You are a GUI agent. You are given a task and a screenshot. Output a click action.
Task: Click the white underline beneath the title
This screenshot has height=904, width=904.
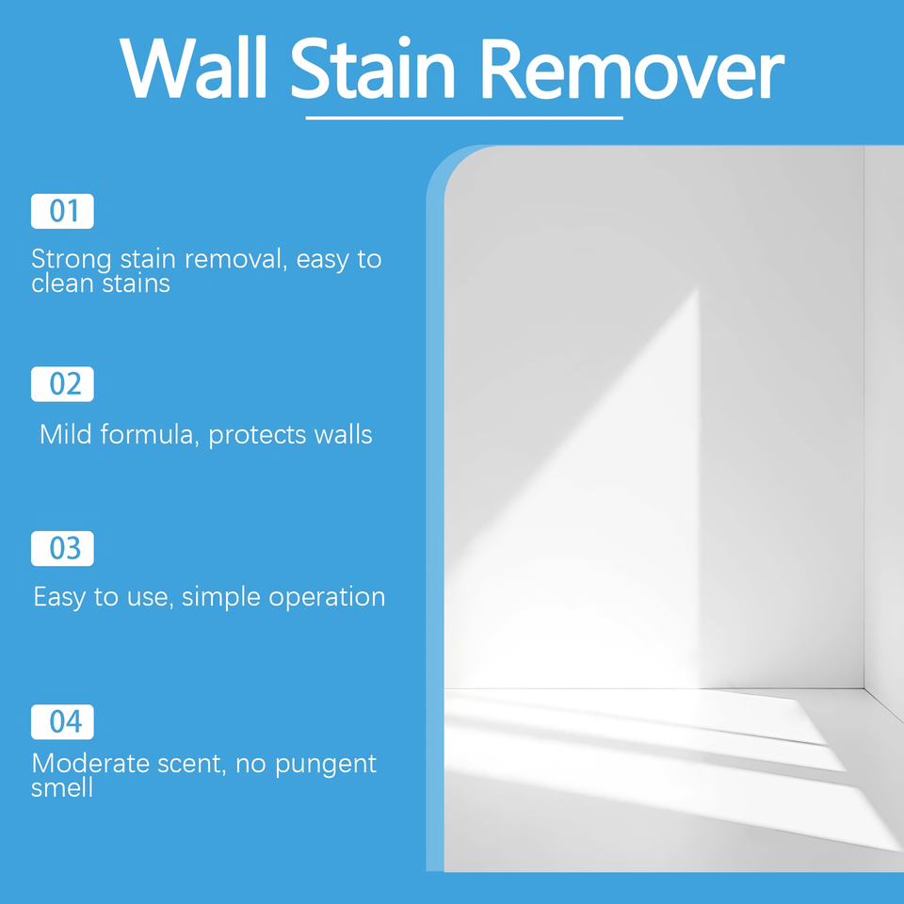tap(464, 118)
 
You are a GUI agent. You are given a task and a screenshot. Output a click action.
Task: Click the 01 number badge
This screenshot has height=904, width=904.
tap(62, 211)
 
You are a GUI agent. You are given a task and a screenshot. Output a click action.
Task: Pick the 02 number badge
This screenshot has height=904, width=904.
tap(62, 384)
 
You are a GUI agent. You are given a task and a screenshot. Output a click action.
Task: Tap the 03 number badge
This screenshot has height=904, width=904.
tap(62, 549)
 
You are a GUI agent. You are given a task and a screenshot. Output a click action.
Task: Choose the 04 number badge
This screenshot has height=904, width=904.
tap(62, 721)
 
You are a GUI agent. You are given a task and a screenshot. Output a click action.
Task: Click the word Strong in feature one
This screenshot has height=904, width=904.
tap(71, 260)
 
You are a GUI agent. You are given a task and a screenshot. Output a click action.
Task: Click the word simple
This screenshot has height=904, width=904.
tap(221, 597)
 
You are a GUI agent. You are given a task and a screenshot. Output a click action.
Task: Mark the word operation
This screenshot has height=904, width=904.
tap(327, 597)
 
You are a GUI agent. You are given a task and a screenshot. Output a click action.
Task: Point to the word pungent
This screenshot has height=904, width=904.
tap(325, 765)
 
